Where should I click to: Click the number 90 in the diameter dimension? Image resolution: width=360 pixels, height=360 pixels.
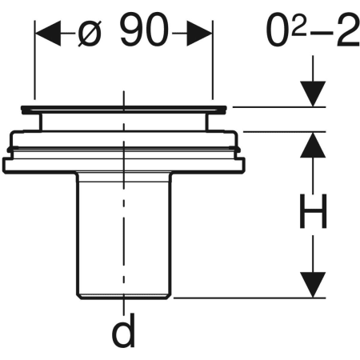[144, 30]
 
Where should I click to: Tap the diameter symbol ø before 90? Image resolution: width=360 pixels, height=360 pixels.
[90, 34]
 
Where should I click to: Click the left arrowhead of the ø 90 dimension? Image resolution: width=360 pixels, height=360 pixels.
[48, 34]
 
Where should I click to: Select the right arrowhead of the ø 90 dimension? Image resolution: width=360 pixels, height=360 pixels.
[199, 34]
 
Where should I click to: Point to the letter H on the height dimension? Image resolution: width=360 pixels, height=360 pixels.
[313, 211]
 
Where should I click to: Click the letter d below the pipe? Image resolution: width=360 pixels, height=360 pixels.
[123, 330]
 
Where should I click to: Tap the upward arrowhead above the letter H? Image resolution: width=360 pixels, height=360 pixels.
[313, 145]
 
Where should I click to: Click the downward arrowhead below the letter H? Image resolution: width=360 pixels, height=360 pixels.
[313, 285]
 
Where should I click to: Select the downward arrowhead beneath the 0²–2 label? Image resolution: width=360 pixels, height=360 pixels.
[313, 94]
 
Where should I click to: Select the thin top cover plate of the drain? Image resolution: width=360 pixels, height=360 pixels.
[124, 109]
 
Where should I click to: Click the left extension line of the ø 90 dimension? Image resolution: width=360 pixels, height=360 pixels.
[34, 60]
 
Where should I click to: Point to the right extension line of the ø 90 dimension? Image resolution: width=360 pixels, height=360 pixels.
[213, 60]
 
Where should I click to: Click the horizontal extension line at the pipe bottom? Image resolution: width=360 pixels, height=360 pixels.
[250, 298]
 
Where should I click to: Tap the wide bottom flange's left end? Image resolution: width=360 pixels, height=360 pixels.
[4, 166]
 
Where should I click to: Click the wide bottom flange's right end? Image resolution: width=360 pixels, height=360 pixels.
[243, 166]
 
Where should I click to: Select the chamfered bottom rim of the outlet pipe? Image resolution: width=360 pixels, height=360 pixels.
[124, 297]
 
